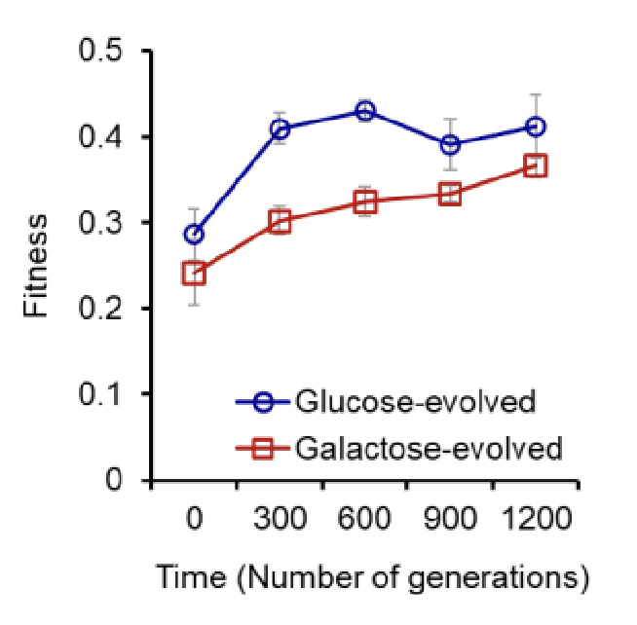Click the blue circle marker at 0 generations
pos(195,234)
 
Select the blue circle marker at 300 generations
pos(281,129)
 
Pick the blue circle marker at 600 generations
pos(365,111)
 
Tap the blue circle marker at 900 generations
pos(450,144)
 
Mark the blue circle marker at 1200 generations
pos(535,127)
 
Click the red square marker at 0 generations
pos(195,273)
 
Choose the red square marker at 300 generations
pos(281,221)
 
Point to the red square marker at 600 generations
pos(365,202)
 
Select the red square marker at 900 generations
pos(450,194)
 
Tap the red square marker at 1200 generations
pos(535,165)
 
